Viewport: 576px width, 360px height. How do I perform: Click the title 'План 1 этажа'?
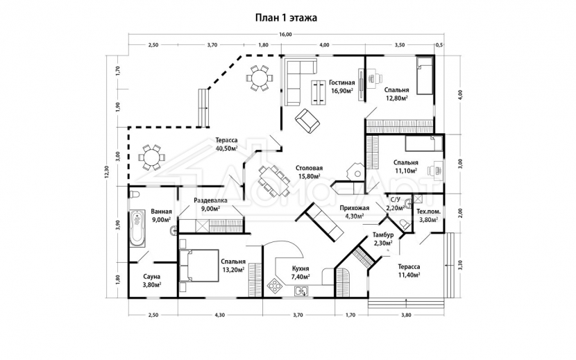286,17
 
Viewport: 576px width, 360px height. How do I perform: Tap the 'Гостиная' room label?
341,83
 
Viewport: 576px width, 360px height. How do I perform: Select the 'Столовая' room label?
310,168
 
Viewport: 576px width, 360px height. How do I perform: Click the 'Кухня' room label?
300,268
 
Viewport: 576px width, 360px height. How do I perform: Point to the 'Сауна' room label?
151,277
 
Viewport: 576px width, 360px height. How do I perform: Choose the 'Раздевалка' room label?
210,200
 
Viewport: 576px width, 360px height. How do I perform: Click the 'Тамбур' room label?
383,234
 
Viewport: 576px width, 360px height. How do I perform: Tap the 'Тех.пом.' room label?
428,212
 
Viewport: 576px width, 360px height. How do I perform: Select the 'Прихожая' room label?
355,208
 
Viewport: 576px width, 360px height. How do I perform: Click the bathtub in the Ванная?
137,228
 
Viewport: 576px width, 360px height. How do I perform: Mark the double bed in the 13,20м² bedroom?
198,266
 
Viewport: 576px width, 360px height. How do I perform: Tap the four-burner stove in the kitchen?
275,286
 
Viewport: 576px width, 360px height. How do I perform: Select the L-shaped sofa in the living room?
299,82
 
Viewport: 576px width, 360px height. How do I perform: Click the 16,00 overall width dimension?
285,35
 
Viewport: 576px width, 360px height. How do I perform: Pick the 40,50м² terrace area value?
226,148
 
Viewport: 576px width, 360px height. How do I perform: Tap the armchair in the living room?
307,121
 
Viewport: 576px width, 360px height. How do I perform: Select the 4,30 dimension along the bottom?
219,315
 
